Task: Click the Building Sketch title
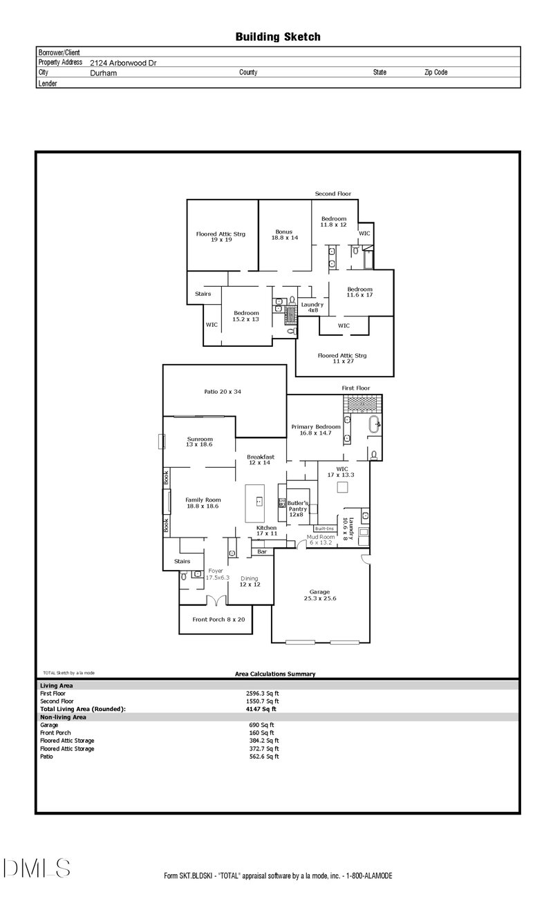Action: point(278,37)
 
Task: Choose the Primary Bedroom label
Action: point(312,430)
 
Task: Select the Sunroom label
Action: point(200,442)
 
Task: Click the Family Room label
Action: point(203,502)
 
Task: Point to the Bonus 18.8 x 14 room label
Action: point(284,234)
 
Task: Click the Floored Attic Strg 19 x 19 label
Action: point(221,238)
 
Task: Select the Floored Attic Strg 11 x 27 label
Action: point(342,359)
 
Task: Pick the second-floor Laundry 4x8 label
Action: point(312,307)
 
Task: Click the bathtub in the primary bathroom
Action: point(374,424)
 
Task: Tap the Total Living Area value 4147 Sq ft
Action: point(261,709)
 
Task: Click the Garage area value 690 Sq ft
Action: point(261,725)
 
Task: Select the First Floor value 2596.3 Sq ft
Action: point(262,693)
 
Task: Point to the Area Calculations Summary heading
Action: point(275,674)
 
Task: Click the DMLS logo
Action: point(36,867)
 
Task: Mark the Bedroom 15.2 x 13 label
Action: point(245,316)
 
